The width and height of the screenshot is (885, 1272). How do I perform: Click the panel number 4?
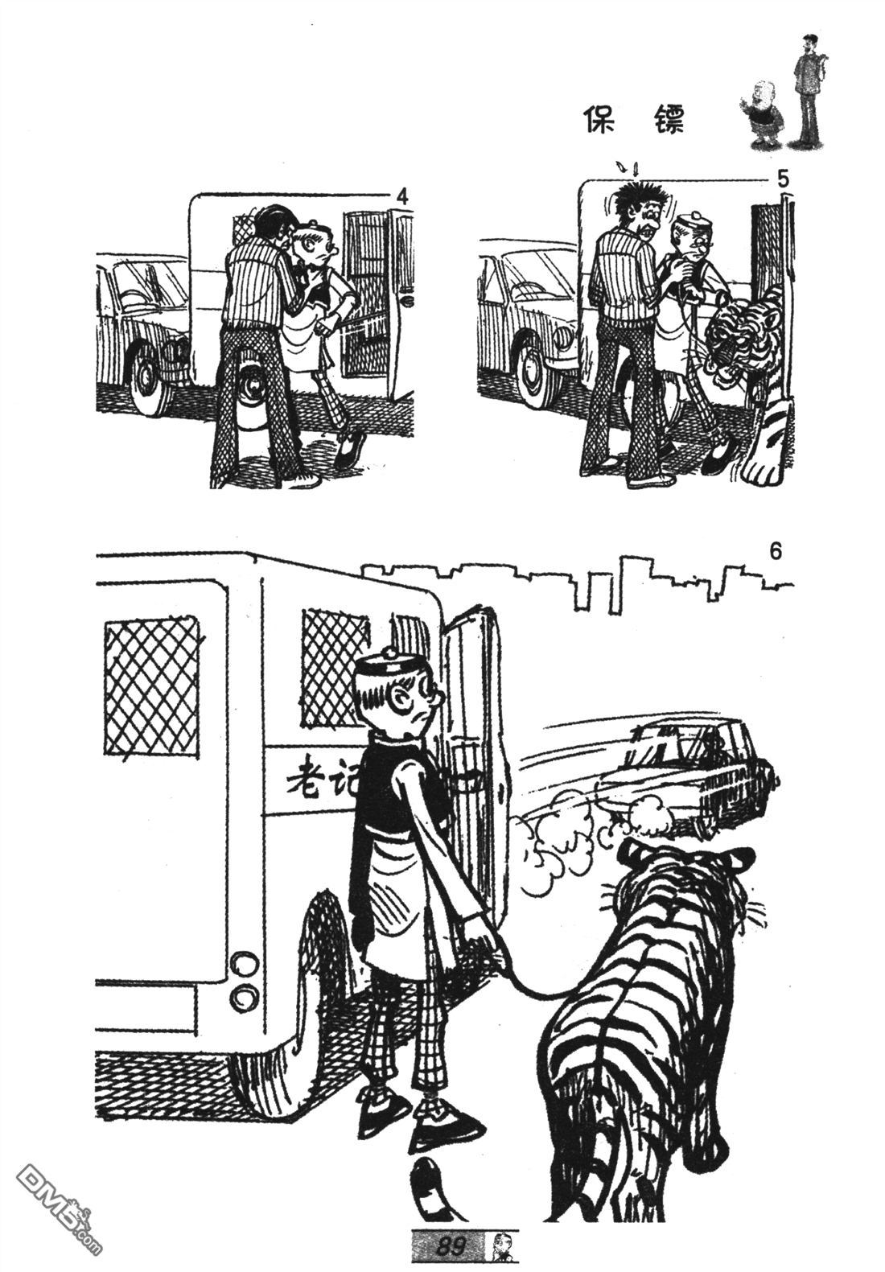coord(402,197)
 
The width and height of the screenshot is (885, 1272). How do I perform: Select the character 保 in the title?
coord(599,119)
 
